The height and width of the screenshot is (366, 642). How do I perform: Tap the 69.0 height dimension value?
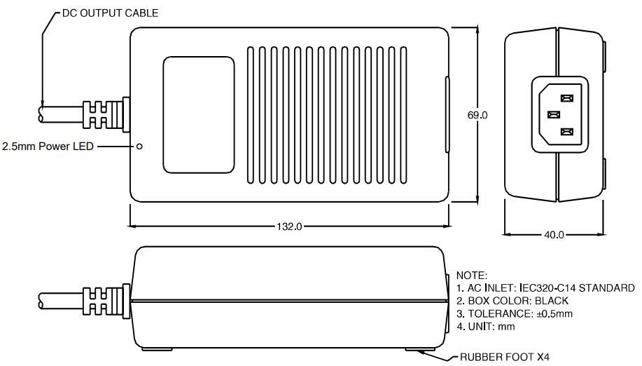point(477,115)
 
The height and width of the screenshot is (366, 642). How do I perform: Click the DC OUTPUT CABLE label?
point(110,13)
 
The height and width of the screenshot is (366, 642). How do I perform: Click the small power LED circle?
point(139,146)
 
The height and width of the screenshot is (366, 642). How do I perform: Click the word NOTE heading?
point(471,276)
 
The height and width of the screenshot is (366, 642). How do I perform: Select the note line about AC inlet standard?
point(545,288)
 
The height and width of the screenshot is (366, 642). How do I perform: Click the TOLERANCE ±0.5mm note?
point(514,313)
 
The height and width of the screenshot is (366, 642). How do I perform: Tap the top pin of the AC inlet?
point(567,99)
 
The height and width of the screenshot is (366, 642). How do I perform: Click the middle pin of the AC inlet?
point(552,115)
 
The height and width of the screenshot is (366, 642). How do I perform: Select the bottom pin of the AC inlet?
point(567,131)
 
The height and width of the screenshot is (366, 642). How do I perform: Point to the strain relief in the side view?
point(105,300)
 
